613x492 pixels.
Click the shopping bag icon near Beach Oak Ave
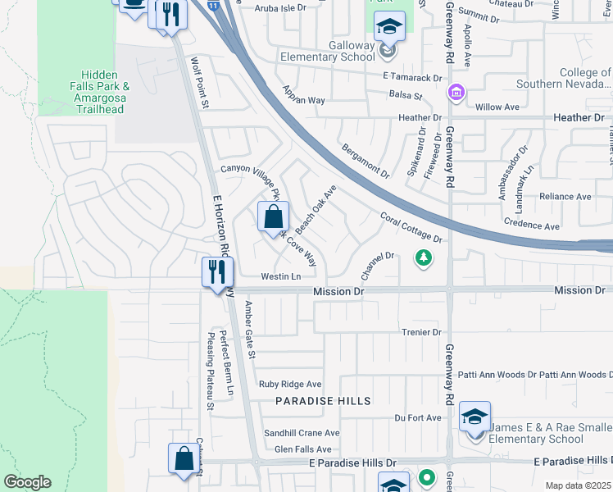(274, 218)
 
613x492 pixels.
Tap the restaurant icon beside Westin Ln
(218, 272)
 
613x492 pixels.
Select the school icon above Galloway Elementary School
(389, 26)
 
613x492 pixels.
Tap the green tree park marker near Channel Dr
(423, 259)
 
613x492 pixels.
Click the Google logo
(27, 482)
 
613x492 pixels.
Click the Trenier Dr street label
(421, 332)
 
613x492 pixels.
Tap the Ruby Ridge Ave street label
(290, 384)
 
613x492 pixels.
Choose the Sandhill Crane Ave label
(301, 433)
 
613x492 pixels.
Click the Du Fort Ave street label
(417, 417)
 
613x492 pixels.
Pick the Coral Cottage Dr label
(411, 227)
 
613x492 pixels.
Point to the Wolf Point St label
(200, 83)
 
